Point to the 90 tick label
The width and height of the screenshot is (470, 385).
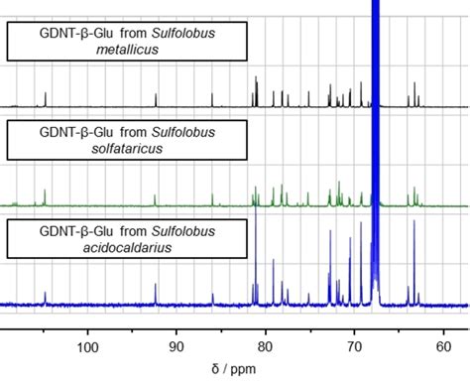coord(176,346)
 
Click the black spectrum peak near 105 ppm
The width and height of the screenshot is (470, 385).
coord(45,97)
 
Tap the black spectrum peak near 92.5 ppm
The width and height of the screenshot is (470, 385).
coord(156,98)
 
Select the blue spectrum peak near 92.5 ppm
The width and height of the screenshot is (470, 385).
coord(156,295)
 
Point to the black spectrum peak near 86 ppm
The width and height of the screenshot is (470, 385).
coord(211,98)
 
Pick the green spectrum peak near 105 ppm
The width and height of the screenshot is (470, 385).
coord(45,197)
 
